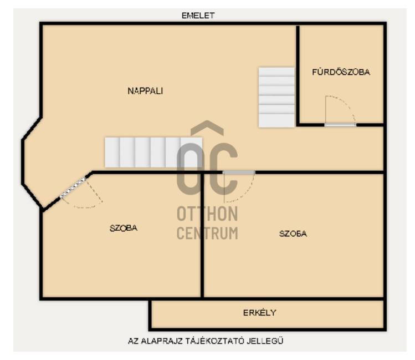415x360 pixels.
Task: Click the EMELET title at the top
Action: (x=198, y=16)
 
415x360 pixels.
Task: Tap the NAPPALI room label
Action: (x=145, y=91)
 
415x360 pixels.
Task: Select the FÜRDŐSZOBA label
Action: (x=341, y=72)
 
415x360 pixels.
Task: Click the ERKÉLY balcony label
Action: (x=259, y=313)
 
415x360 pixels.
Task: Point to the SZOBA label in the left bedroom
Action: (x=124, y=228)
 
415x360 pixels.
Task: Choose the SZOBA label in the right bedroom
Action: (x=293, y=234)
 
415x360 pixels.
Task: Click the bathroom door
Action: (x=340, y=124)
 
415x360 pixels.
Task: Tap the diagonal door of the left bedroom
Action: (x=73, y=188)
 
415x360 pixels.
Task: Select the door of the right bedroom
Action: (x=239, y=173)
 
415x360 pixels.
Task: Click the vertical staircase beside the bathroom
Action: (x=276, y=97)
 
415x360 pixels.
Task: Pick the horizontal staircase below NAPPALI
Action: (x=153, y=153)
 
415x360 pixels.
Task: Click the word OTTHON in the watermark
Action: (x=207, y=214)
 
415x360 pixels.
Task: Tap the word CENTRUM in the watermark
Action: (x=207, y=233)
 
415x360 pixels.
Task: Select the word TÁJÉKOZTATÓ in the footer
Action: (x=214, y=341)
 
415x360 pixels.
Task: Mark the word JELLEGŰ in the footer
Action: (x=265, y=341)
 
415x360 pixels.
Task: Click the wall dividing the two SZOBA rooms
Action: (x=202, y=235)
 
